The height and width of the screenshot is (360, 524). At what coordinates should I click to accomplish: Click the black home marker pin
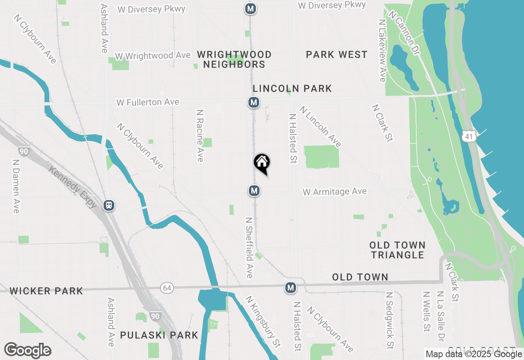pos(262,163)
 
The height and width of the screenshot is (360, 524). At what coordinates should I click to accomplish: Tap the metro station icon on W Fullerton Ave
pos(254,102)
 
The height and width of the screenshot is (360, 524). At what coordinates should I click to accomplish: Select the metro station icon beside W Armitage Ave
pos(254,190)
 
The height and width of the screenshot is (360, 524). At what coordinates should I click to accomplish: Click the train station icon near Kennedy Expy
pos(109,205)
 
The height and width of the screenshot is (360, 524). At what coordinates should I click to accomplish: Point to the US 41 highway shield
pos(470,136)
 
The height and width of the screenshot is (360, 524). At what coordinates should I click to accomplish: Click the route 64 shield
pos(167,288)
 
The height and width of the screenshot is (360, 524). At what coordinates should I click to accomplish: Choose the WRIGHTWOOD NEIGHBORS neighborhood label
pos(234,60)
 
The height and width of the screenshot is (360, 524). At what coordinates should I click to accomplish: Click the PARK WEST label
pos(337,55)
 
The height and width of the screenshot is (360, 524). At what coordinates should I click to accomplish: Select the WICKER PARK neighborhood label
pos(46,291)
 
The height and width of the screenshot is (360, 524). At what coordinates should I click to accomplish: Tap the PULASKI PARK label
pos(159,335)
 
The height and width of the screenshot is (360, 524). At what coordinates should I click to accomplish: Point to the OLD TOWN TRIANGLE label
pos(398,250)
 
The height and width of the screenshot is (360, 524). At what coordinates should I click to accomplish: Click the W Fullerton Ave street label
pos(148,102)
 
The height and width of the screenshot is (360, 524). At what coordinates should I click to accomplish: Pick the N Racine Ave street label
pos(200,135)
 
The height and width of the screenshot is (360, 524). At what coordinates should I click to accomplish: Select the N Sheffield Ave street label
pos(248,248)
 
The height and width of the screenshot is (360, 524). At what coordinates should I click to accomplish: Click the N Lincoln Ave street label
pos(320,126)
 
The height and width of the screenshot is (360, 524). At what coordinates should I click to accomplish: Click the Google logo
pos(28,351)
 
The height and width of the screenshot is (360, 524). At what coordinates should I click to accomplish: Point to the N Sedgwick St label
pos(390,320)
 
